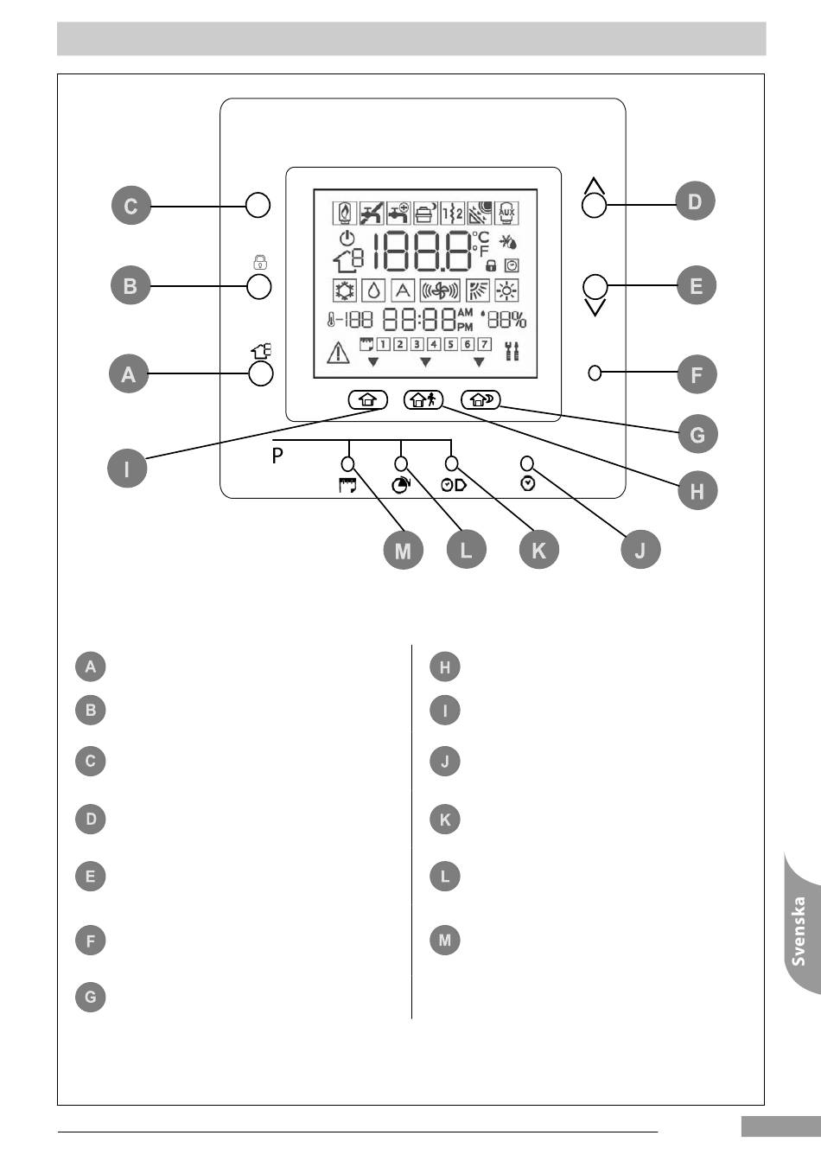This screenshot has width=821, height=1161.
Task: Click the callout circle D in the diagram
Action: [x=695, y=201]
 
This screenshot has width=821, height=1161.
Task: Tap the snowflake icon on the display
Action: [x=343, y=290]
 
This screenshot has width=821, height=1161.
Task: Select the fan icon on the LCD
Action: [x=440, y=290]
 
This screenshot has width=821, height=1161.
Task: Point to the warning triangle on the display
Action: [x=338, y=352]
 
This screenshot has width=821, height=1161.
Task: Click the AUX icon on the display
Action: [x=506, y=213]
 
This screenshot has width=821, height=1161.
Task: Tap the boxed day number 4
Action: [x=434, y=344]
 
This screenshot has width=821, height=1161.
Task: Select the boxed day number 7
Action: [x=484, y=344]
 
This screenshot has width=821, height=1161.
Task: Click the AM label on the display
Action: [x=465, y=313]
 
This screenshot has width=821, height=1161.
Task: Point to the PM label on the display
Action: [x=465, y=327]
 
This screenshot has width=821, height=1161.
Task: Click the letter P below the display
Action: [x=277, y=456]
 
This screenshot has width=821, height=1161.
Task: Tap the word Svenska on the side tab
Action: [x=799, y=931]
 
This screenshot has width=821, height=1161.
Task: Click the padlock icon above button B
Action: [x=260, y=262]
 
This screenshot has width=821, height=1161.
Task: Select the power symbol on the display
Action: [x=347, y=239]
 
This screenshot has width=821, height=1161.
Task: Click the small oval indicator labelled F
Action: [x=595, y=373]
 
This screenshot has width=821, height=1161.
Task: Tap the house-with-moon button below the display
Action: [x=481, y=399]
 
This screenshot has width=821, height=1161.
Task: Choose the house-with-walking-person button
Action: [x=423, y=399]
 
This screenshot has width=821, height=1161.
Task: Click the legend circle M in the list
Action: [x=445, y=940]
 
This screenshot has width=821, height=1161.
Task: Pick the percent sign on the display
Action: [x=519, y=321]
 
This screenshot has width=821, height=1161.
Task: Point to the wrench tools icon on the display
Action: [x=512, y=351]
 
